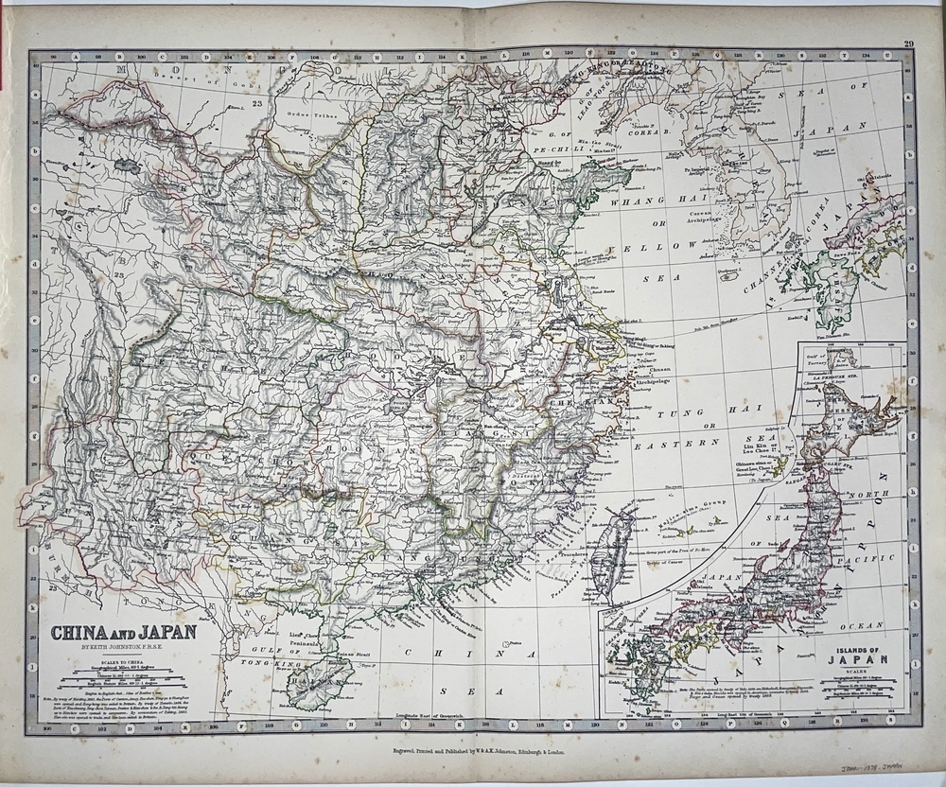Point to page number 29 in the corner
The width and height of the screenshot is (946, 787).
pos(909,44)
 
